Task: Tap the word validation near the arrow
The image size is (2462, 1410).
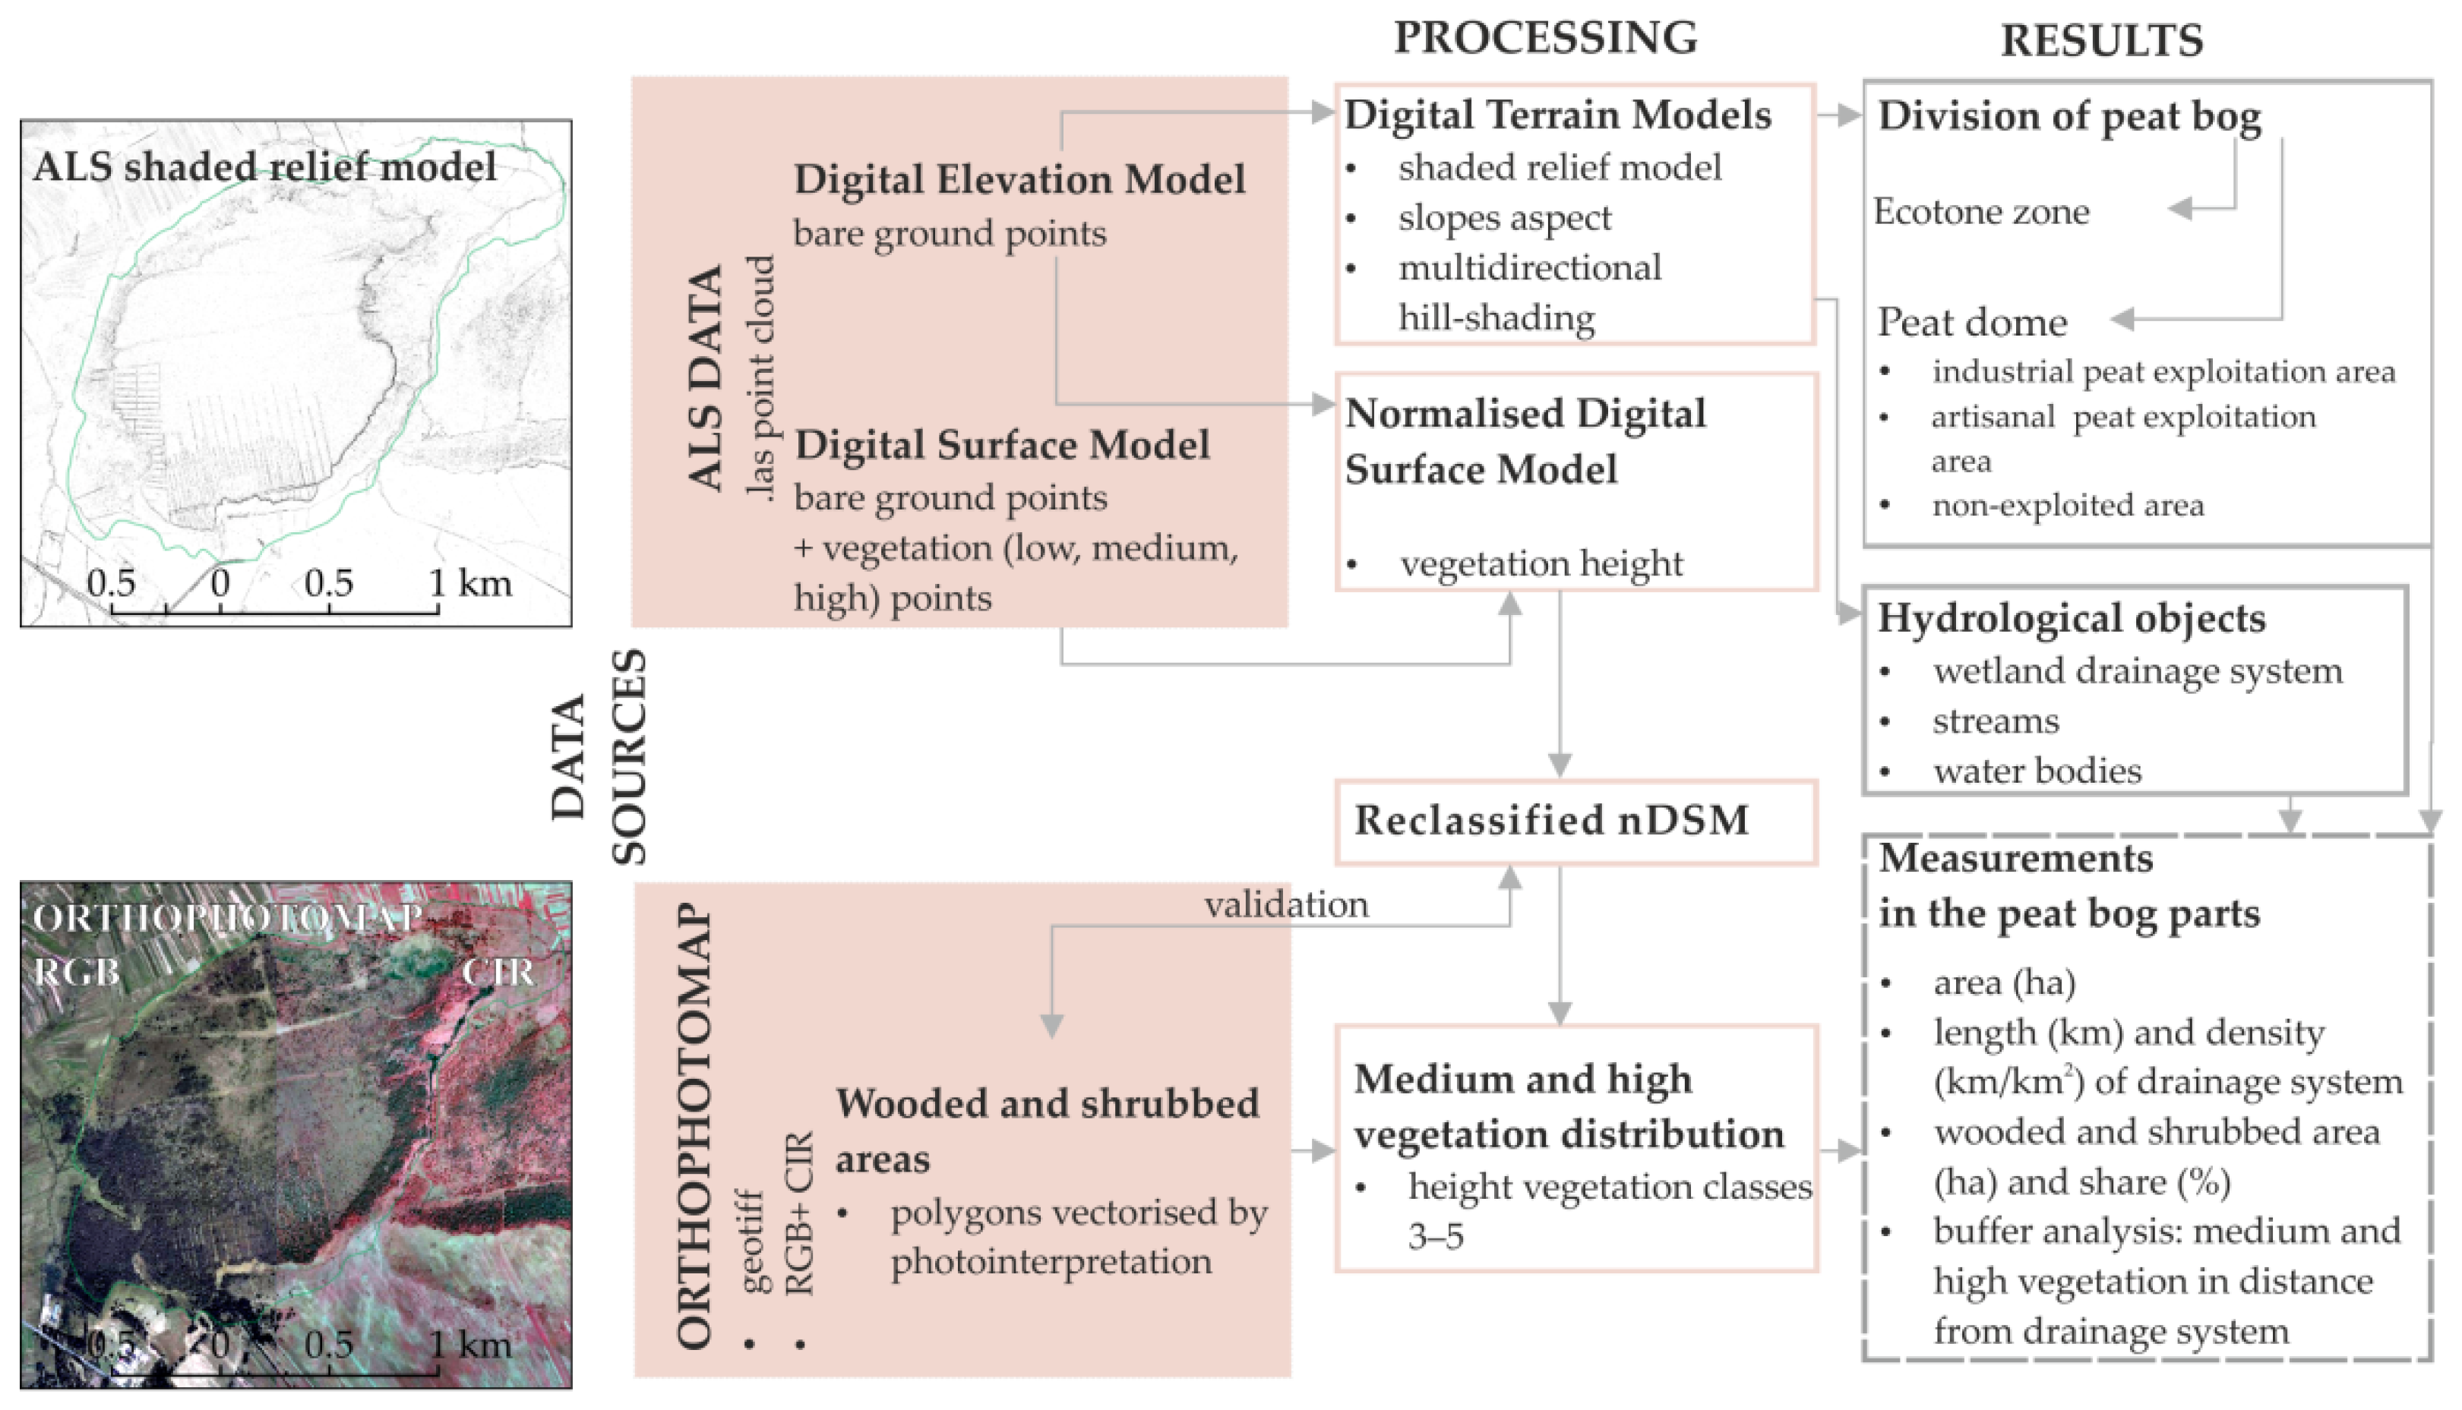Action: click(1285, 904)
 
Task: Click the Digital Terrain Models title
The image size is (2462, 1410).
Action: click(1557, 115)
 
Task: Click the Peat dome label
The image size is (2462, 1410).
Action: click(1971, 321)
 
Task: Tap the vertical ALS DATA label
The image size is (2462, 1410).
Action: click(705, 377)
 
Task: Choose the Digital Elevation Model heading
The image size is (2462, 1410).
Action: click(1019, 180)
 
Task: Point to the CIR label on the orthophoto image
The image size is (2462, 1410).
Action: click(497, 973)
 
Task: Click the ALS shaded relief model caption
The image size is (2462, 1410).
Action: click(264, 166)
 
